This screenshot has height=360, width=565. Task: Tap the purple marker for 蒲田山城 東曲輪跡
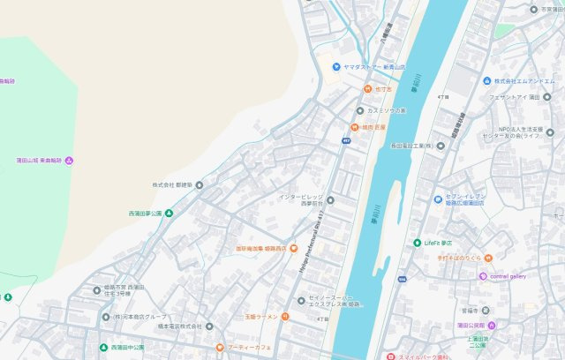tap(69, 161)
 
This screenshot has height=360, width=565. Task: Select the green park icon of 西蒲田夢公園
tap(169, 214)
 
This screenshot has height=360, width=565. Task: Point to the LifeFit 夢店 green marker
tap(417, 243)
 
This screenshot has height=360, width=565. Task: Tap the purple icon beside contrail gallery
tap(483, 276)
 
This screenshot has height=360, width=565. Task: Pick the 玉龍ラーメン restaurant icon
tap(286, 317)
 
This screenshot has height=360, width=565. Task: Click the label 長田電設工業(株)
tap(419, 146)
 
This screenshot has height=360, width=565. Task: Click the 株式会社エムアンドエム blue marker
tap(486, 81)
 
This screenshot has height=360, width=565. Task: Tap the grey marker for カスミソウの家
tap(359, 110)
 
